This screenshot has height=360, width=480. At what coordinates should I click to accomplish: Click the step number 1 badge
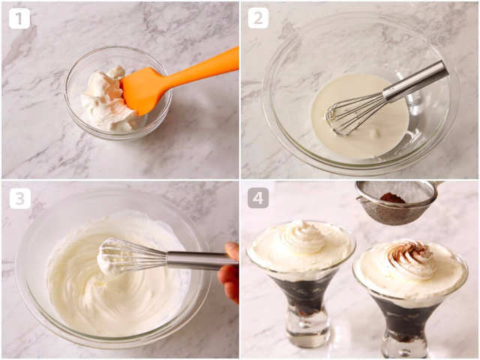[19, 18]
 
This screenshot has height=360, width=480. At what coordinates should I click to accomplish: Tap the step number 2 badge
[258, 18]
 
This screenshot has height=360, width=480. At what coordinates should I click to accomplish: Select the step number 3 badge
[20, 198]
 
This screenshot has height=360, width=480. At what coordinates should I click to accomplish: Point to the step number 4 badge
[258, 198]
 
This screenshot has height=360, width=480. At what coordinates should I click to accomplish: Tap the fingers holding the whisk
[229, 272]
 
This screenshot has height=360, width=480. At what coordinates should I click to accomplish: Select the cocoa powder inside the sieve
[392, 197]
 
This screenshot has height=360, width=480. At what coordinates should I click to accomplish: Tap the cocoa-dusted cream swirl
[409, 259]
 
